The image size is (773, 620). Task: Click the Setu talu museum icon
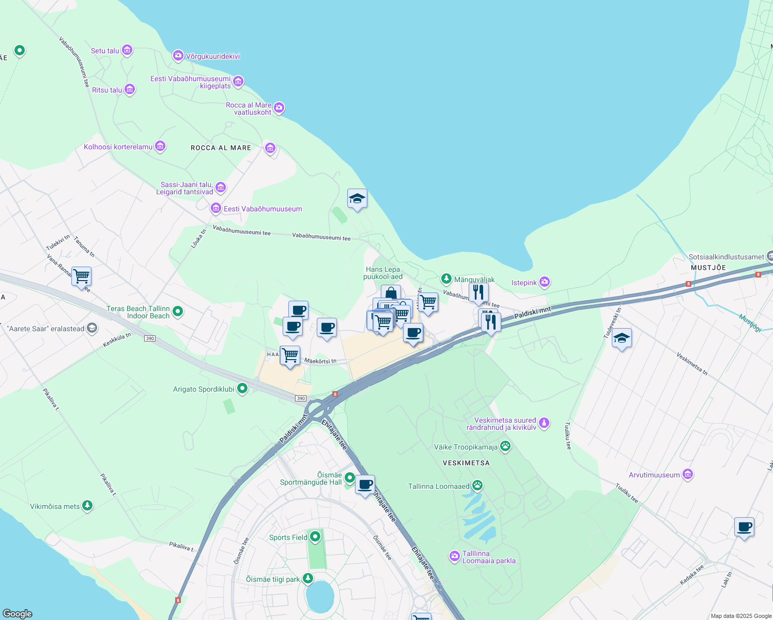(127, 50)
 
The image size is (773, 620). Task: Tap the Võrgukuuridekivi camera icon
(178, 55)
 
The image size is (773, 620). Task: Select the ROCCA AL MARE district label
(221, 148)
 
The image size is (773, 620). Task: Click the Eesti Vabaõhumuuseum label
(262, 209)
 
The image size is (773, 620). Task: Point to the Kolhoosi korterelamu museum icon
(160, 147)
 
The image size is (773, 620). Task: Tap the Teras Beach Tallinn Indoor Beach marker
(178, 311)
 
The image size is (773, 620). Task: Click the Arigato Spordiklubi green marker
(242, 389)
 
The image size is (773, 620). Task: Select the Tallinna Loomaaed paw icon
(477, 486)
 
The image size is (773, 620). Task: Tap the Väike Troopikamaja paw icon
(505, 446)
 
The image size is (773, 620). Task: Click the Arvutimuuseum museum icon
(687, 474)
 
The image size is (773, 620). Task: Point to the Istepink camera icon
(544, 282)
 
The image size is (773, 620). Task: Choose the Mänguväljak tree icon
(446, 279)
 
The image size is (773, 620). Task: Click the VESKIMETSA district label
(466, 463)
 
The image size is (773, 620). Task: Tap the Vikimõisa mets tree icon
(87, 505)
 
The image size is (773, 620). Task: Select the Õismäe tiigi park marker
(308, 578)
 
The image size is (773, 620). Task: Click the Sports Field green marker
(315, 537)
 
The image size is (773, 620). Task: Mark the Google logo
(18, 613)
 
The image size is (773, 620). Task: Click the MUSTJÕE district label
(708, 268)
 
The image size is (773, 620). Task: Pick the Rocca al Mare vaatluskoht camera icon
(279, 107)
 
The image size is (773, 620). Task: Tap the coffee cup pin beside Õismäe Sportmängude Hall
(365, 485)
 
